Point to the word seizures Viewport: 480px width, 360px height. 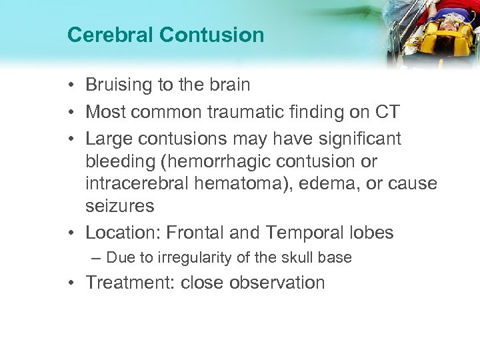(x=120, y=207)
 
